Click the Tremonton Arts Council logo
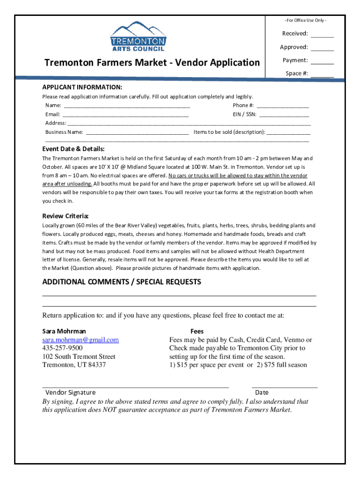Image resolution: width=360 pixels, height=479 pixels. (x=137, y=36)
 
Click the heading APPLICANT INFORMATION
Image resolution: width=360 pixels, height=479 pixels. (x=82, y=87)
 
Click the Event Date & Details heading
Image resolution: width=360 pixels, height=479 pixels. (x=73, y=149)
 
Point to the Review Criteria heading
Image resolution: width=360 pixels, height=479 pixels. (x=65, y=216)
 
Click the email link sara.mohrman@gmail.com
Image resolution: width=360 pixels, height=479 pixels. (x=80, y=340)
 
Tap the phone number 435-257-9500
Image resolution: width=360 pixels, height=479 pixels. (x=62, y=348)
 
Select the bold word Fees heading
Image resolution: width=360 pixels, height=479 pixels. (x=197, y=331)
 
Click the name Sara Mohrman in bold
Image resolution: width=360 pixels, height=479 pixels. (x=64, y=331)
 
